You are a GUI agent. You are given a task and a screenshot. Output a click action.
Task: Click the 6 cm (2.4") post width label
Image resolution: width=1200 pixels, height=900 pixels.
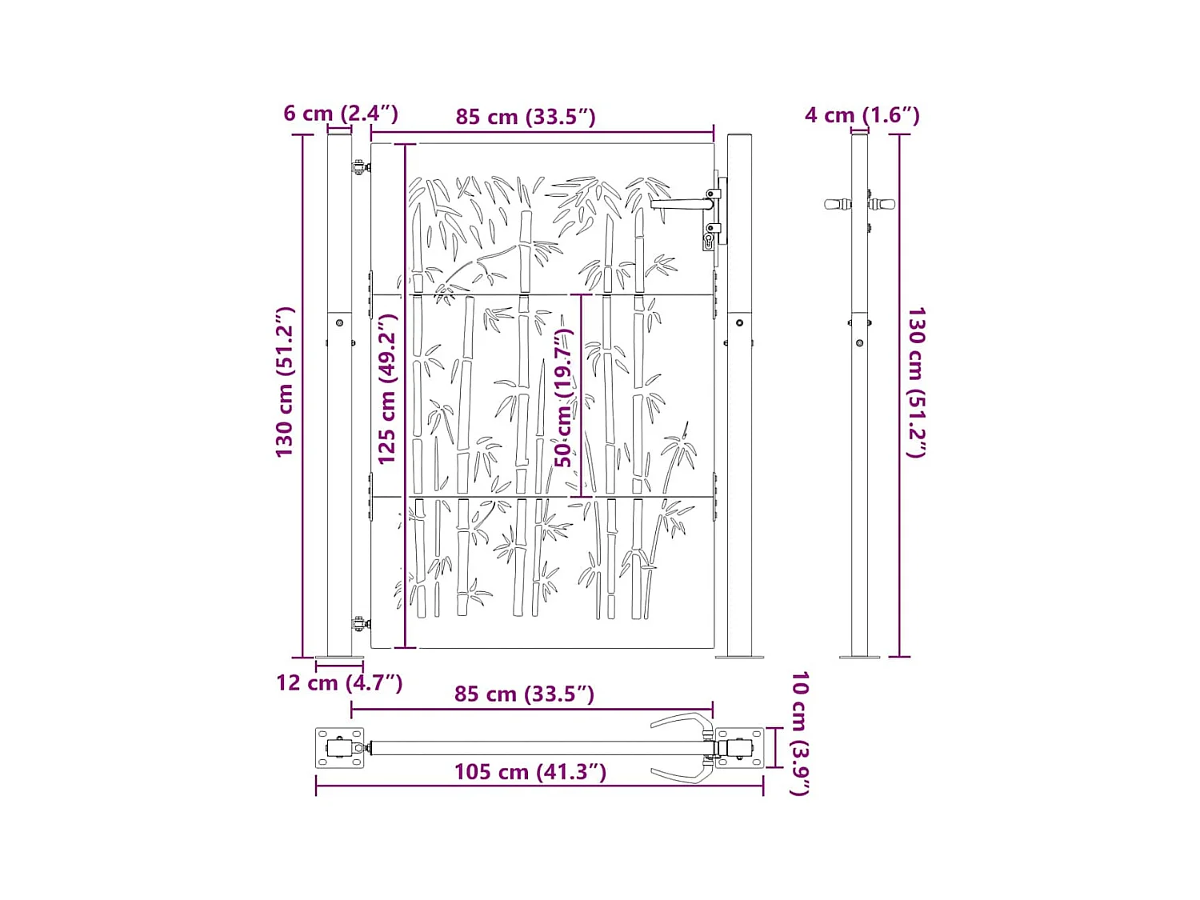(341, 113)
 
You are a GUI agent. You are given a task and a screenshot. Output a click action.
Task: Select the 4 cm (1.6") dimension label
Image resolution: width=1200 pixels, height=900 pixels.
(862, 115)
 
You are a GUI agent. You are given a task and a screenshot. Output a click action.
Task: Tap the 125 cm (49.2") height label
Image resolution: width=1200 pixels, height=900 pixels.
(387, 389)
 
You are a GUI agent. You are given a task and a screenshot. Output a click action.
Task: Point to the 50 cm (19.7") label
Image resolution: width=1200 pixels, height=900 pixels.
(564, 398)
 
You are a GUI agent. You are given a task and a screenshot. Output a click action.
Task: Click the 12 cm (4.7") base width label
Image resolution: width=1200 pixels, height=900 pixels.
(339, 682)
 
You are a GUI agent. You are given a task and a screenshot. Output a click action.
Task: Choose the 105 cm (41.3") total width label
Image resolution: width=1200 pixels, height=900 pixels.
(530, 771)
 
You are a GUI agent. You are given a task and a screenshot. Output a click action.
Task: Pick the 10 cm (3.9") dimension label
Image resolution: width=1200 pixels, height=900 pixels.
(799, 733)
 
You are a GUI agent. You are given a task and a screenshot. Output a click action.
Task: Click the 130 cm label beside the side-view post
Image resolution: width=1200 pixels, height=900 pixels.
(916, 382)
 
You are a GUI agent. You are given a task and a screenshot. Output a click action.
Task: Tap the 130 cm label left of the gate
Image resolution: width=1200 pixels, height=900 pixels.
(285, 382)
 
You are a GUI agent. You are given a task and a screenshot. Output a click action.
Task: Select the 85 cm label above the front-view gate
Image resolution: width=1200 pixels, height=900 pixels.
(526, 117)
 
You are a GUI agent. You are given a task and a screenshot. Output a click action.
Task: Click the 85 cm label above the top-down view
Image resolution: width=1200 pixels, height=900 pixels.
(524, 694)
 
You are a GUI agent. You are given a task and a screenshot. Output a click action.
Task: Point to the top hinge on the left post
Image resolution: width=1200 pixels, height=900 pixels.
(360, 167)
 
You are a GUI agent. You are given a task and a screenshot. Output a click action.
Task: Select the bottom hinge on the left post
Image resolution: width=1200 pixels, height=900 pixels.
(360, 623)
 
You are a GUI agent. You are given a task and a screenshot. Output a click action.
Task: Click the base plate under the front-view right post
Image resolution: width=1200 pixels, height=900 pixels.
(738, 657)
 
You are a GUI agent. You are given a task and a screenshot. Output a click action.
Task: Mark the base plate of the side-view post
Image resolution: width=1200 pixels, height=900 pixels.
(859, 657)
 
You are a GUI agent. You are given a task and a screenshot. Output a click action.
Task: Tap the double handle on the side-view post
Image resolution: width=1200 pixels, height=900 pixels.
(859, 204)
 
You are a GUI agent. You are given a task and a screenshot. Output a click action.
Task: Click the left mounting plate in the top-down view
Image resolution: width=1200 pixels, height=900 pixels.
(339, 748)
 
